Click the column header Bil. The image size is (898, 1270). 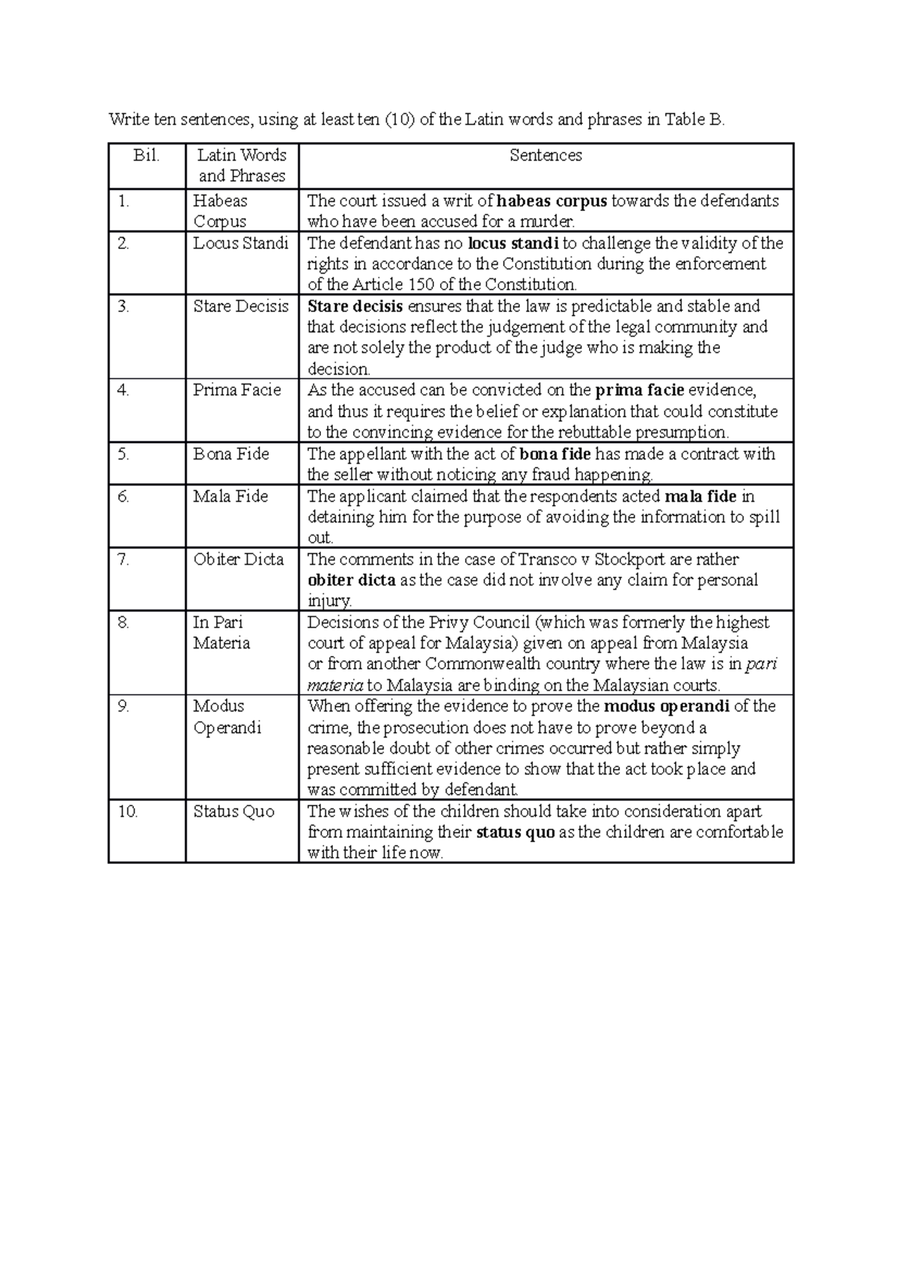coord(147,156)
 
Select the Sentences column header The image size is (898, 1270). coord(546,156)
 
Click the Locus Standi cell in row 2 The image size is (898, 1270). coord(240,243)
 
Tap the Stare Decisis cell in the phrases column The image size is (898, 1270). coord(240,306)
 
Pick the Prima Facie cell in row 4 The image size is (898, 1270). coord(236,390)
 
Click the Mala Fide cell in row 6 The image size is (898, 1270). coord(230,496)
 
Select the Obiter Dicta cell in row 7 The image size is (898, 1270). coord(238,559)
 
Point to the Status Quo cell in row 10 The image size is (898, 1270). coord(233,811)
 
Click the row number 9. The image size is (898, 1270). coord(124,706)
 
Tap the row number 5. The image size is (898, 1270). coord(124,454)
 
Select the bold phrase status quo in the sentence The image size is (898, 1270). coord(516,832)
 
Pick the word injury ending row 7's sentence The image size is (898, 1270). coord(329,601)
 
